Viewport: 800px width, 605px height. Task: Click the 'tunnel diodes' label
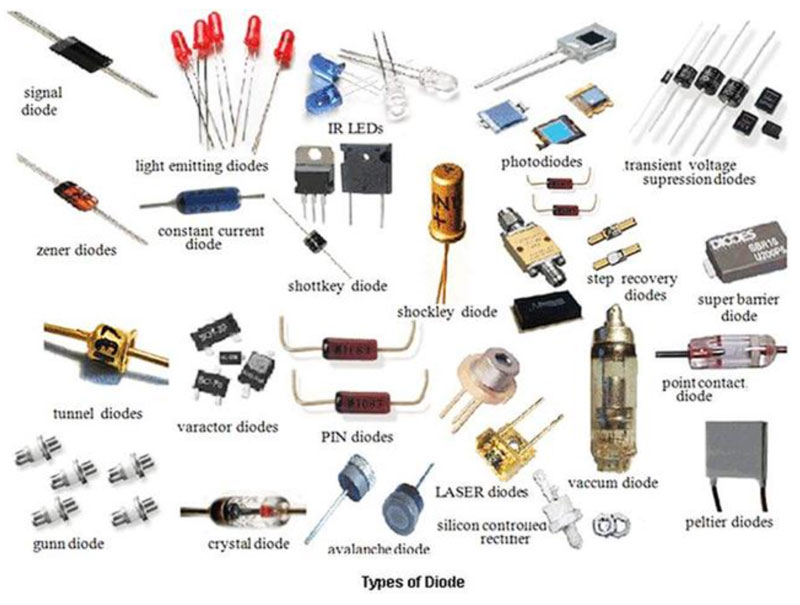coord(97,412)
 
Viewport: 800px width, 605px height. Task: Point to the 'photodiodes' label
coord(541,161)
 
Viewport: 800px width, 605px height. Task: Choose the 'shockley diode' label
coord(447,312)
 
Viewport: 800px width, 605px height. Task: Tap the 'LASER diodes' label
coord(482,491)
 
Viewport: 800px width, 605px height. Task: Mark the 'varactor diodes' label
coord(227,427)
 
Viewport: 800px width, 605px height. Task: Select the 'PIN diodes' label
coord(357,437)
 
